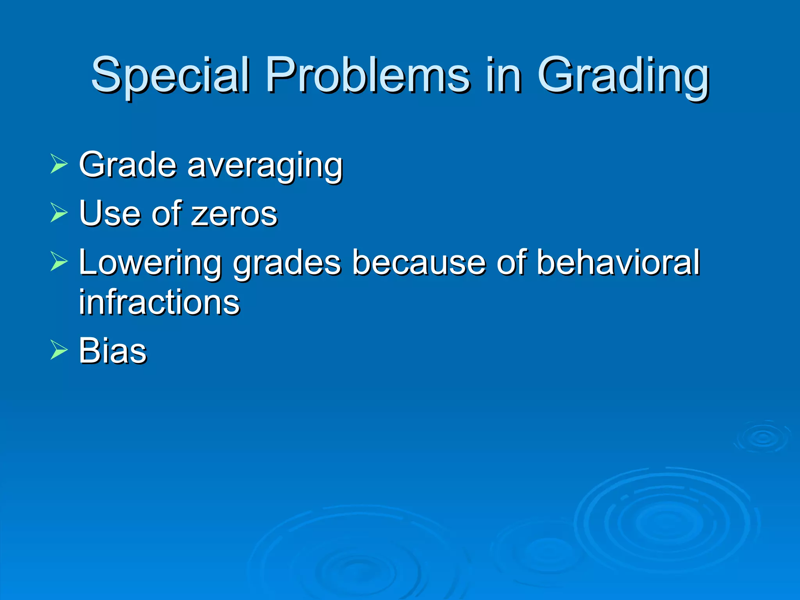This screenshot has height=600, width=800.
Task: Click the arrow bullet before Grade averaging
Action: tap(59, 164)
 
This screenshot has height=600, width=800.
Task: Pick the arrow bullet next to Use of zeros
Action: tap(59, 213)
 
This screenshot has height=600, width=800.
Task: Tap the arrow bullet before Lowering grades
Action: tap(59, 262)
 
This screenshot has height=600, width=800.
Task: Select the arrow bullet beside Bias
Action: tap(59, 350)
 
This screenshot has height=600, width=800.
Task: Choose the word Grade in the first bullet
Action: tap(127, 165)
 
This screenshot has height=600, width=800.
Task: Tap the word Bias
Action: tap(112, 350)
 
